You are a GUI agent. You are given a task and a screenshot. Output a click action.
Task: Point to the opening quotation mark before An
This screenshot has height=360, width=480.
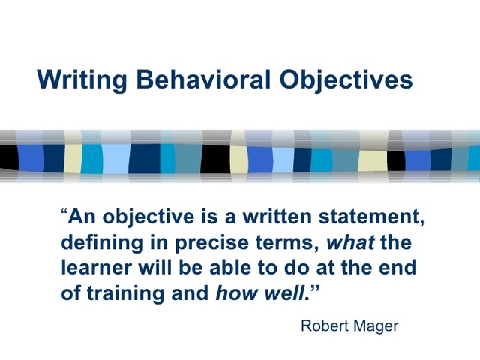[x=64, y=217]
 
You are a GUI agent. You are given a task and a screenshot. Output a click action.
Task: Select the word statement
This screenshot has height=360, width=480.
[x=373, y=220]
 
